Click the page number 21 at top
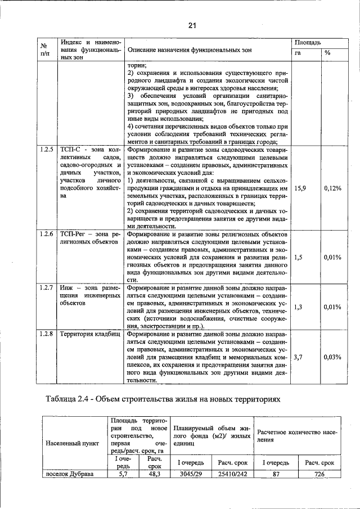pos(192,25)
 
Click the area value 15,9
pos(300,188)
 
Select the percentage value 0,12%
pos(332,188)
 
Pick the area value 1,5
pos(298,256)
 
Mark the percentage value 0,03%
pos(332,357)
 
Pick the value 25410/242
pos(232,474)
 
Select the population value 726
pos(319,474)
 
